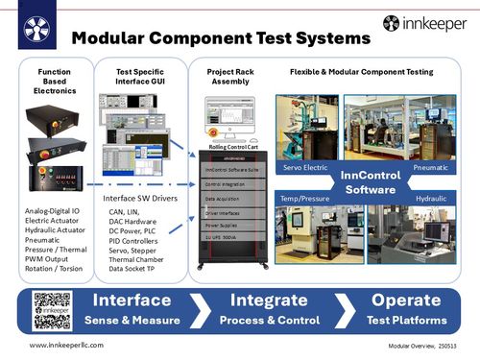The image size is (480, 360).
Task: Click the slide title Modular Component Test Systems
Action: point(221,39)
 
